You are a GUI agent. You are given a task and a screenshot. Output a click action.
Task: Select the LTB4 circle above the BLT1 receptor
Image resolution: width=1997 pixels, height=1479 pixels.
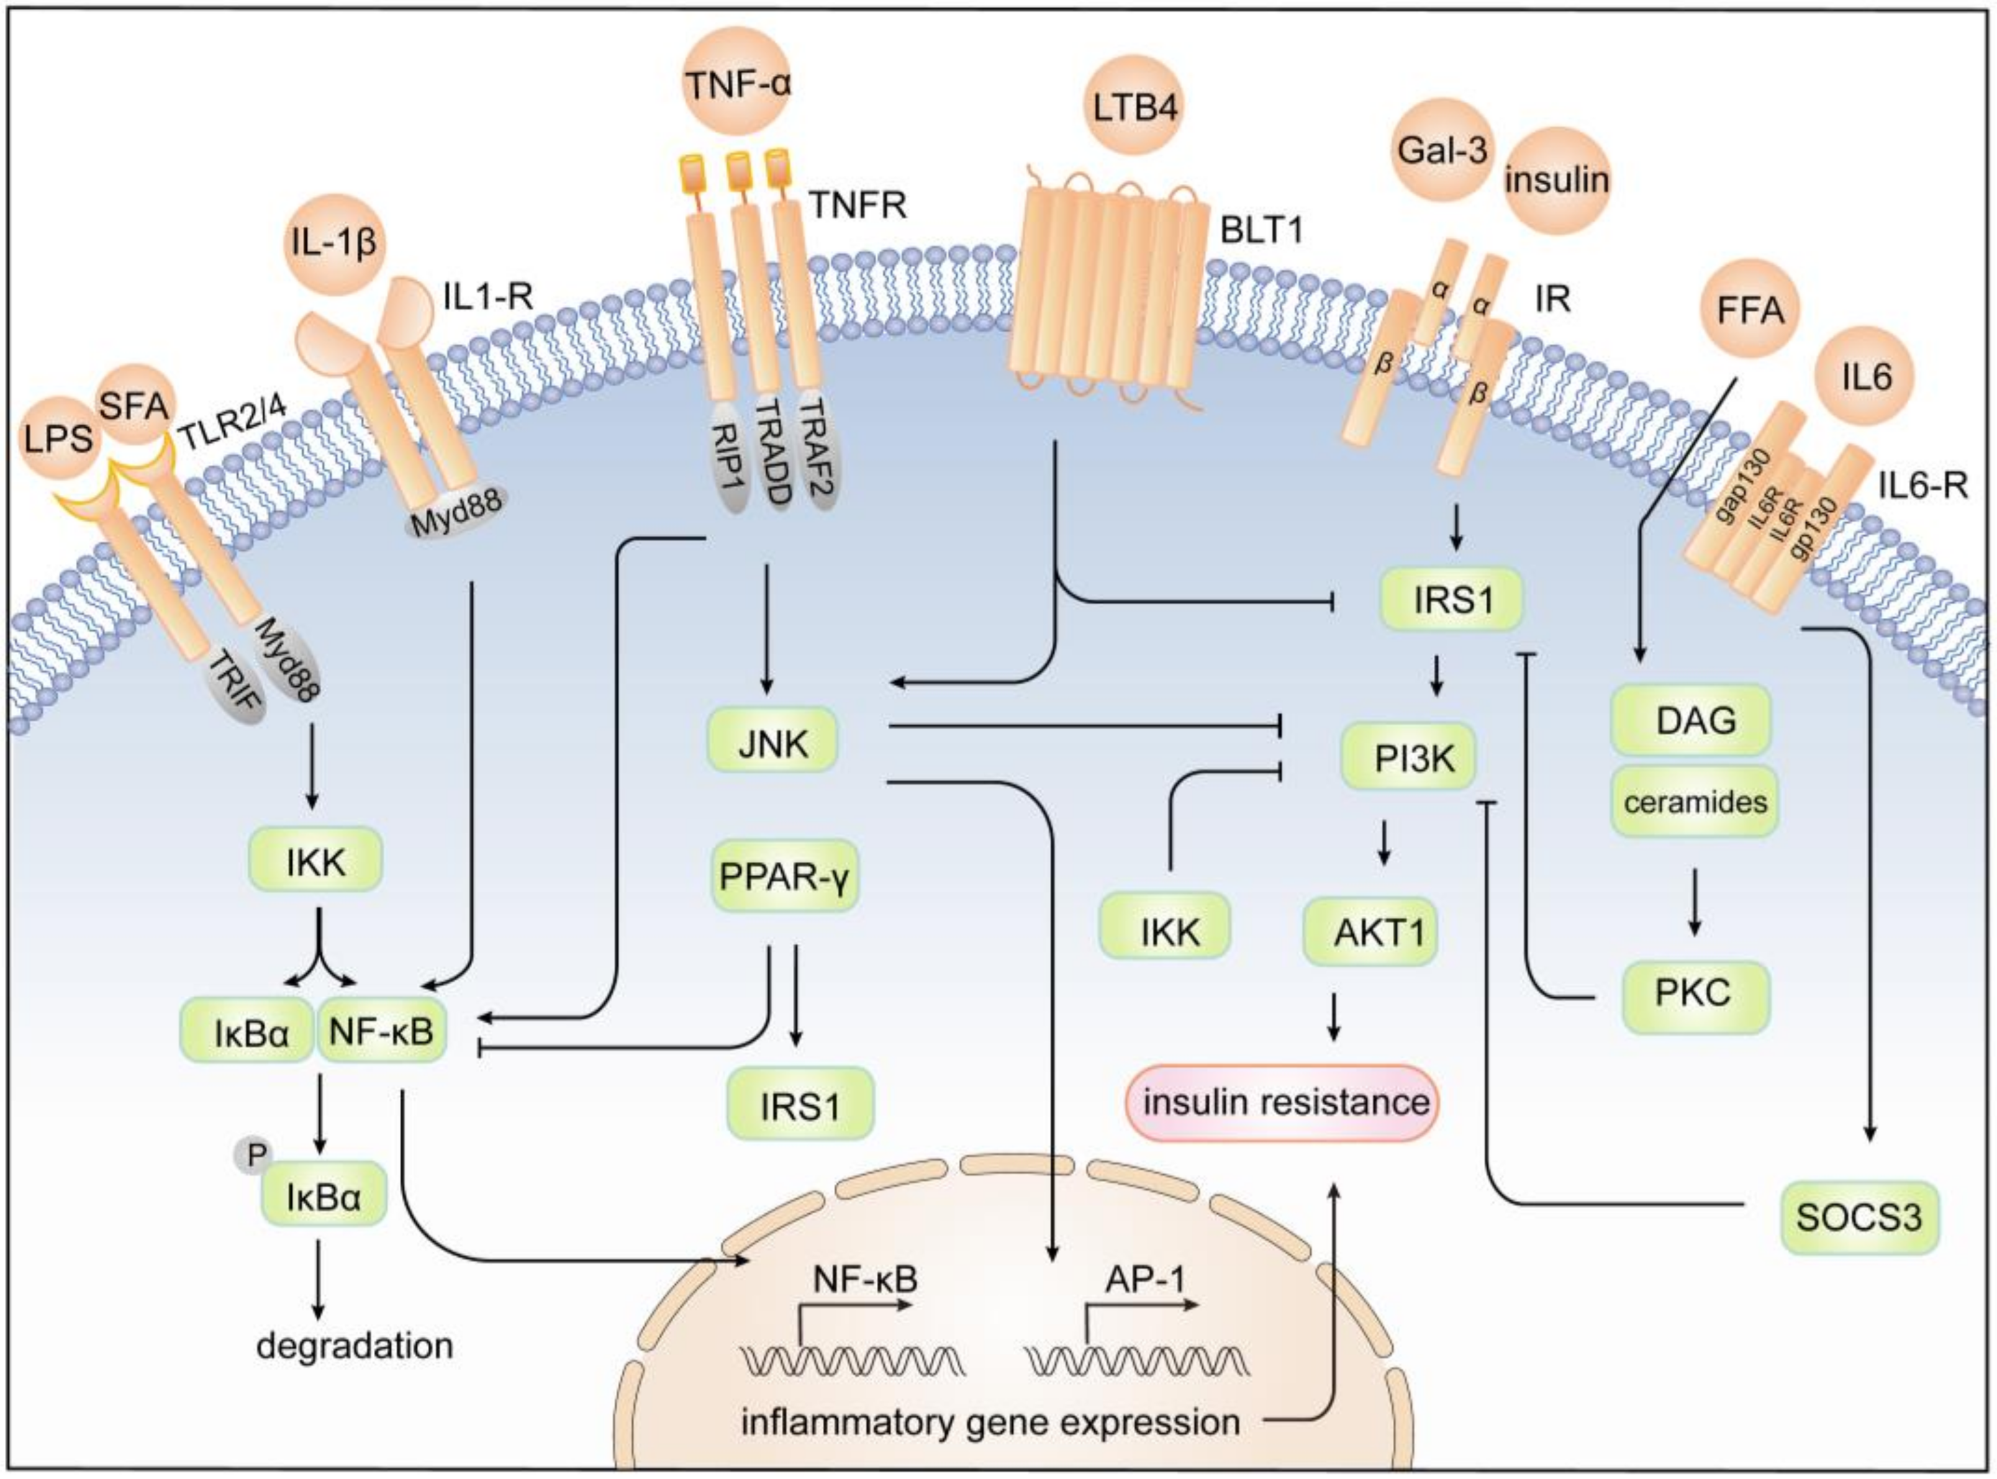[1135, 107]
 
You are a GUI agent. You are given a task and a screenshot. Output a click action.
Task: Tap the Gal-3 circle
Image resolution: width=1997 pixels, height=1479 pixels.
[1442, 150]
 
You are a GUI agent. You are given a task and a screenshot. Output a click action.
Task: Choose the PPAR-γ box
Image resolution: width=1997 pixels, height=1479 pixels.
[784, 875]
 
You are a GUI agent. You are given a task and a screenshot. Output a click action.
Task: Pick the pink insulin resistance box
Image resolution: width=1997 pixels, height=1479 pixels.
[1285, 1102]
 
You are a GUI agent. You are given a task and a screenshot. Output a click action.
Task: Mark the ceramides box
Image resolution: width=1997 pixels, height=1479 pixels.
[1695, 801]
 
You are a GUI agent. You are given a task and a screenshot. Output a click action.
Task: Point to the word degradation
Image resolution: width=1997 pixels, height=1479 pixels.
[355, 1346]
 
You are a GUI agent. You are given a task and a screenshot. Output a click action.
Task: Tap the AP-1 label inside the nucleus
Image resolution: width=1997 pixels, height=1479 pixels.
[1145, 1279]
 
